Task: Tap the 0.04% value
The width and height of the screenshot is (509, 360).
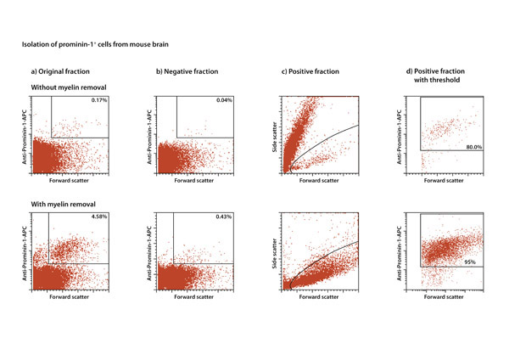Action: [223, 102]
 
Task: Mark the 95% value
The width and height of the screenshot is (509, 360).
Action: [473, 262]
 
